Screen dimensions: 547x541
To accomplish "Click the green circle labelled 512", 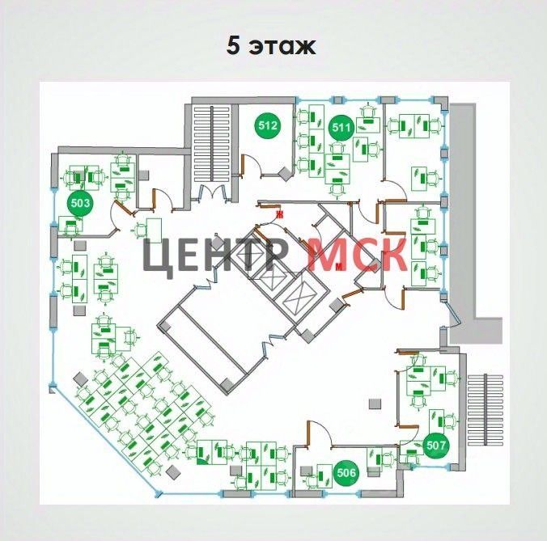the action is pos(268,125).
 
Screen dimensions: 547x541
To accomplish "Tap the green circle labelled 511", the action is pos(341,125).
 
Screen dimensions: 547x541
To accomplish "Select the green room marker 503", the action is pos(80,203).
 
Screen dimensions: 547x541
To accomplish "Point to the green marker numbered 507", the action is pos(436,444).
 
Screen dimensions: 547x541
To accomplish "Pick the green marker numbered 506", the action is pos(346,474).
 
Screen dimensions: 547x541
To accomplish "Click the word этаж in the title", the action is pos(282,46).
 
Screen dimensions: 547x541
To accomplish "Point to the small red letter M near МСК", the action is pos(339,264).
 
